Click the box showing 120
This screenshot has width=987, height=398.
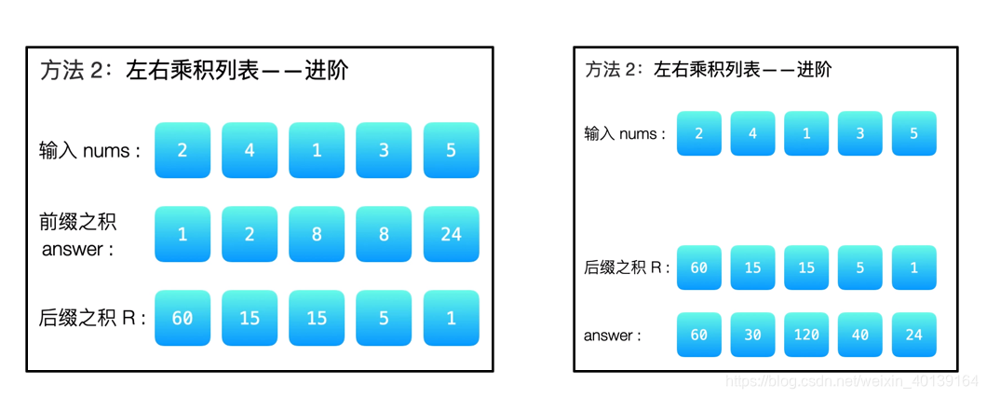click(806, 335)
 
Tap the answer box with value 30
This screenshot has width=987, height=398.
click(752, 335)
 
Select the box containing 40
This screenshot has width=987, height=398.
click(860, 335)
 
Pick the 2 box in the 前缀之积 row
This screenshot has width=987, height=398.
click(250, 234)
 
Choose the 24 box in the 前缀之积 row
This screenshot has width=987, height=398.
click(451, 234)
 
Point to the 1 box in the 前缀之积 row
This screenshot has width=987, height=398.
click(183, 234)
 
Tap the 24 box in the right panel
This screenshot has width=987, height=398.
click(913, 335)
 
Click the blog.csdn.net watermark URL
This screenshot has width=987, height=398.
click(851, 381)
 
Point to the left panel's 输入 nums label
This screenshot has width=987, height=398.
click(90, 150)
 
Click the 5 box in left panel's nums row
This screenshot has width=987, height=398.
click(451, 150)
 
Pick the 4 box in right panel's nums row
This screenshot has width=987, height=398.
click(752, 133)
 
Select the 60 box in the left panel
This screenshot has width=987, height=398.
click(183, 318)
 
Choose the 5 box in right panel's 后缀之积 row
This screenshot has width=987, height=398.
click(860, 268)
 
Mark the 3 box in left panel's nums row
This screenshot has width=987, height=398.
click(384, 150)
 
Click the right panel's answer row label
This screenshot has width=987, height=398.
click(612, 335)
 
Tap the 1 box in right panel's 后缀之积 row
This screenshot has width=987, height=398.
click(913, 268)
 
